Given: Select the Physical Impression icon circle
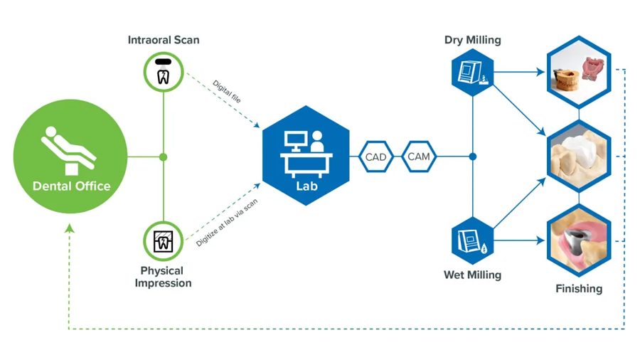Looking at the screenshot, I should pos(164,241).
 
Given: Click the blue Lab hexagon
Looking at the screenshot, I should pos(306,156).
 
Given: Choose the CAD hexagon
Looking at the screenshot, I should pos(375,157).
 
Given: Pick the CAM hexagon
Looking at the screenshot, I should pos(419,157).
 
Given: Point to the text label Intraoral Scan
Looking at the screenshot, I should pos(164,40).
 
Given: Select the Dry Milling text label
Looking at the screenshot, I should pos(473,40).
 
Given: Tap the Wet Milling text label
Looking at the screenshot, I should pos(473,275).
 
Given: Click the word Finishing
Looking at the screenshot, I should pos(579,288).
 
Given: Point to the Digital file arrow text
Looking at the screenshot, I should pos(226,92).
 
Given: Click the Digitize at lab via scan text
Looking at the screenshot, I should pos(227,223).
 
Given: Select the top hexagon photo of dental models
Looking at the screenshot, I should pos(579,72).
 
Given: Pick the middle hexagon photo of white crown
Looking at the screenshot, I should pos(579,157).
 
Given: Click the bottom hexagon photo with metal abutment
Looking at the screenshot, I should pos(579,241).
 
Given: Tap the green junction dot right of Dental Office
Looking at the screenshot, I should pos(164,157).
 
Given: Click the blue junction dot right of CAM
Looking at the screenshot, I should pos(473,157).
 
